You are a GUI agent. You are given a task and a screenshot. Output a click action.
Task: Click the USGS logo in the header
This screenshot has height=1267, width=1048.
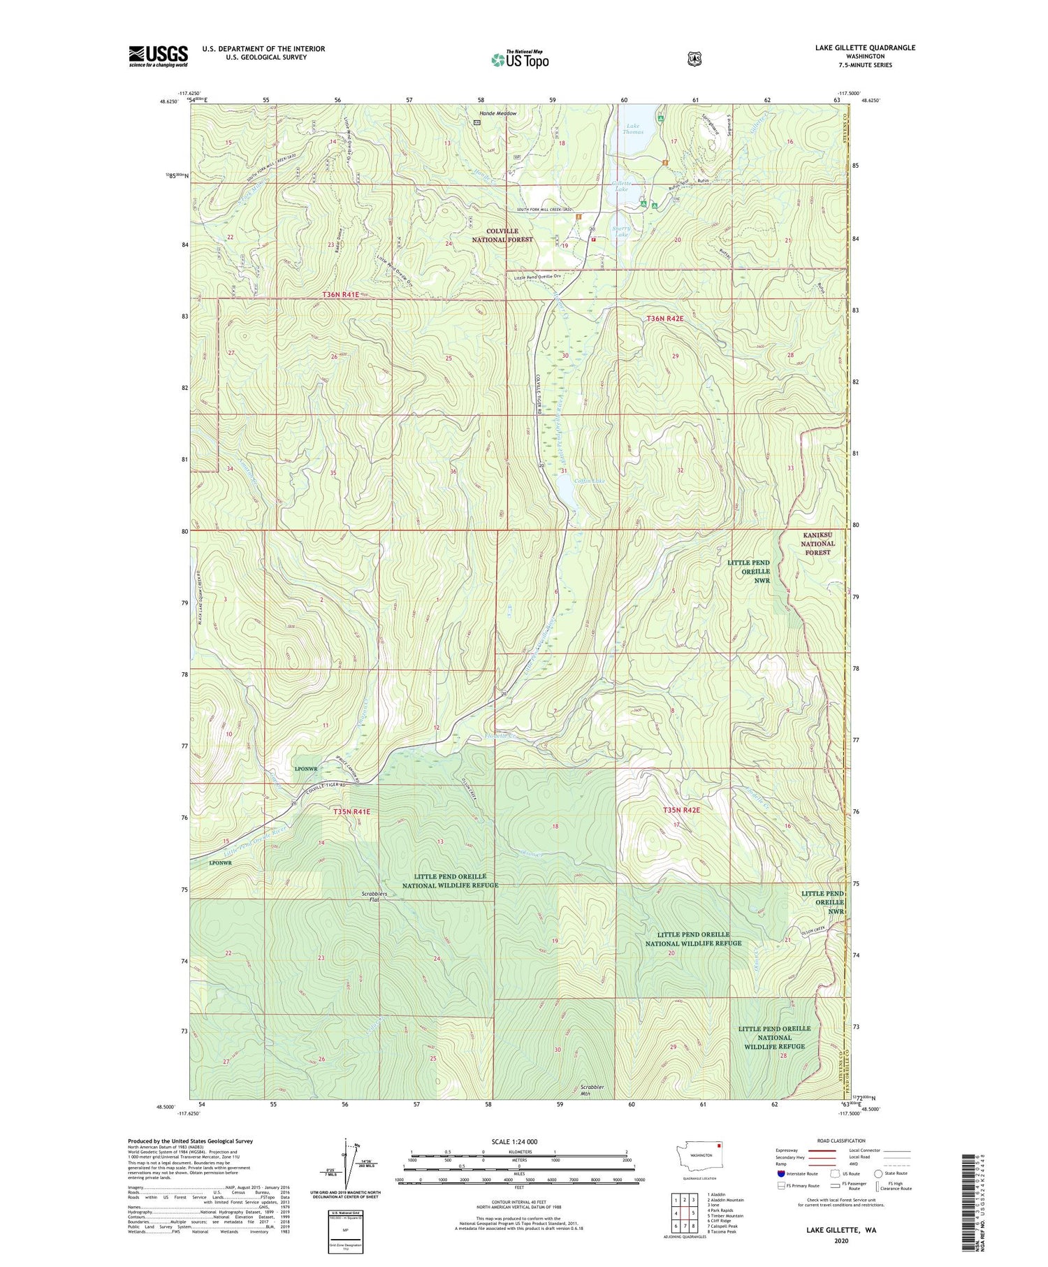(x=158, y=56)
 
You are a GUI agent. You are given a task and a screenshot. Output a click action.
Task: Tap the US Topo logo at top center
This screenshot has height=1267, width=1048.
(x=520, y=59)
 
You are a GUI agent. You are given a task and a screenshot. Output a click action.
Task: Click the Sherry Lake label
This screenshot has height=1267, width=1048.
(x=621, y=231)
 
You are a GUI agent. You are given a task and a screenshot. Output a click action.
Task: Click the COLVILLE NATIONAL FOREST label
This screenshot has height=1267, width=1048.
(x=509, y=235)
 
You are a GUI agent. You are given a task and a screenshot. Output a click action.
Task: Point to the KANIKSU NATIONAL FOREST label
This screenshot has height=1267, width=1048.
(x=817, y=543)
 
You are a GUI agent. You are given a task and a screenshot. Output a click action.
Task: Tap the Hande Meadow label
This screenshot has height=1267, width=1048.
(x=497, y=113)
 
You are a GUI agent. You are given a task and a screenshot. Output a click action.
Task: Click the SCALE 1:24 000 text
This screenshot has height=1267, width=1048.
(x=517, y=1141)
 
